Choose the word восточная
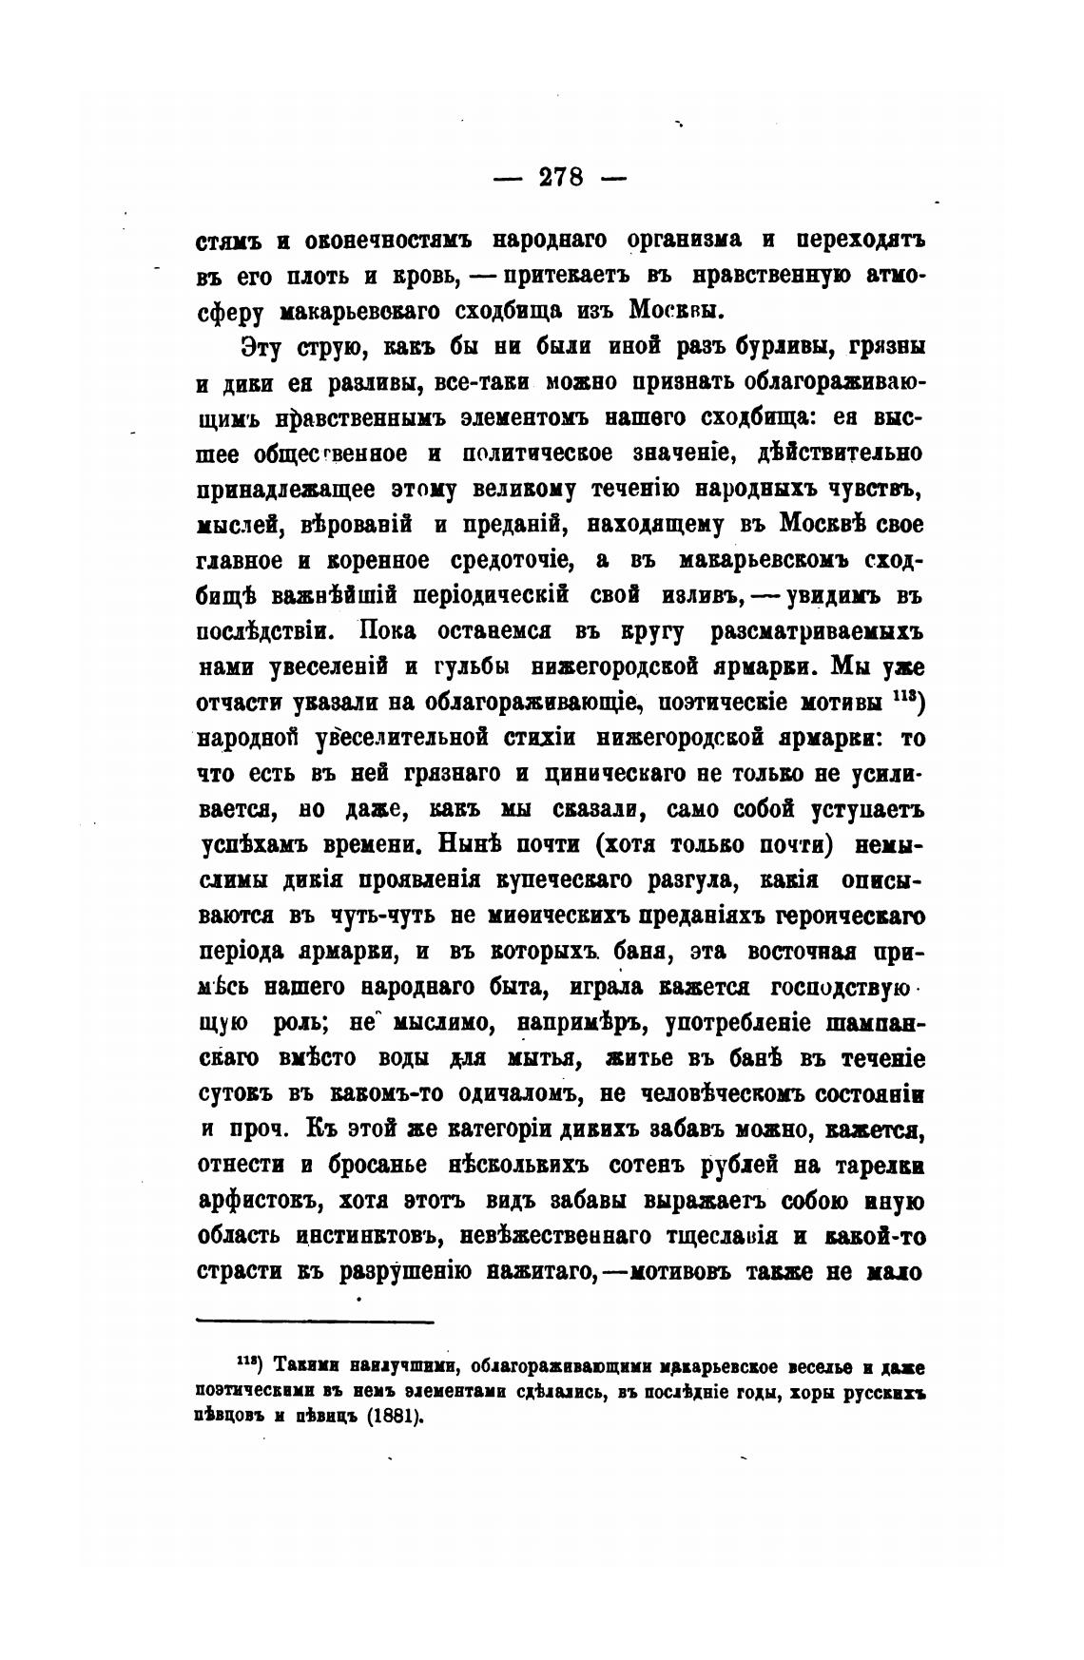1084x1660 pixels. tap(806, 951)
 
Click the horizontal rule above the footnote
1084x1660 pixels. tap(315, 1321)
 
